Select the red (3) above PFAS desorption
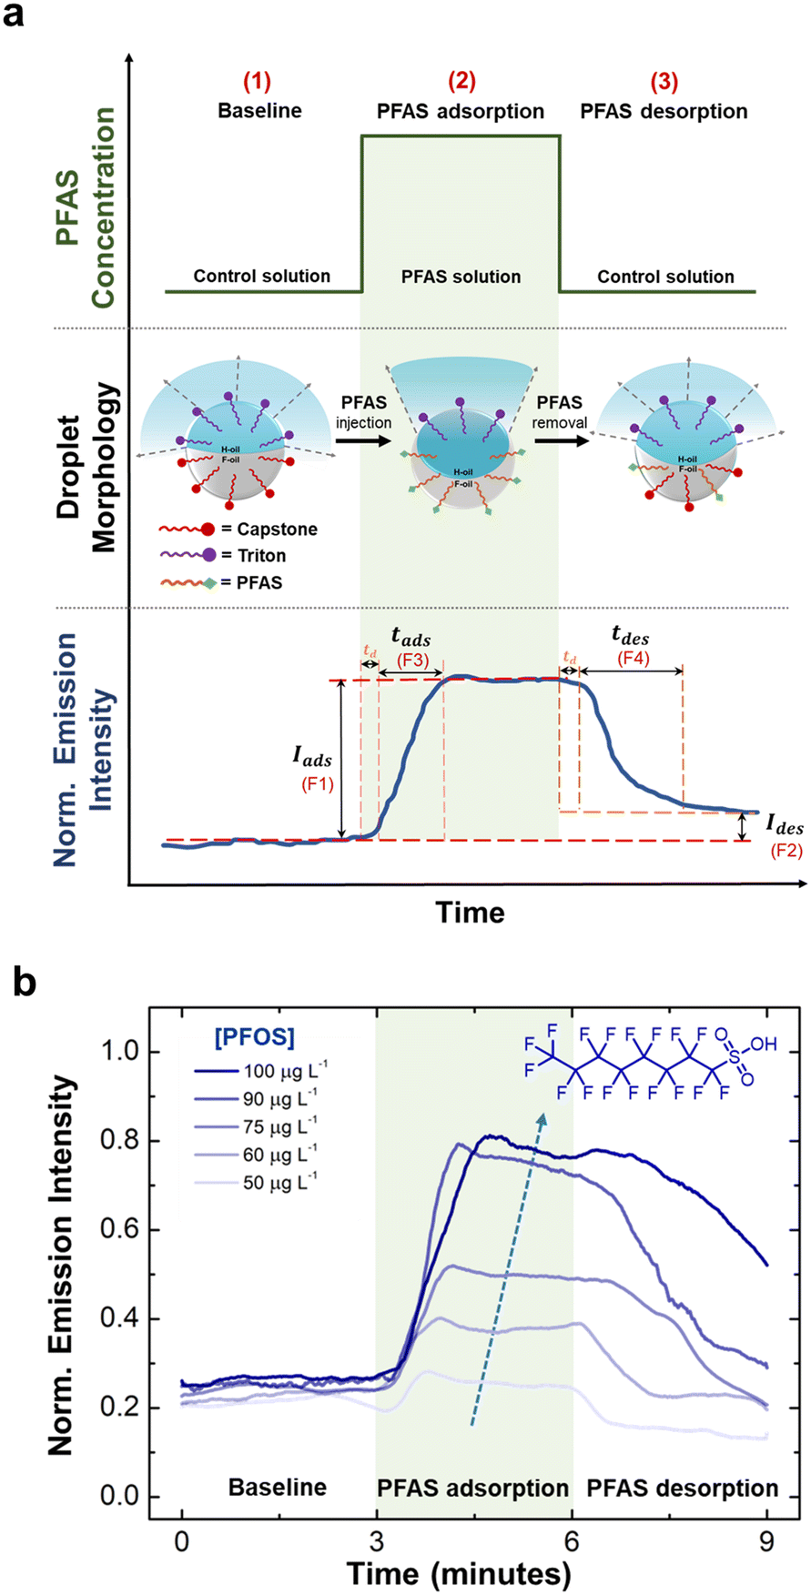pos(664,82)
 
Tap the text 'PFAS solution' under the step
pos(461,277)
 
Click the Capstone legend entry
pos(238,529)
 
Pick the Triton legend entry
pos(223,555)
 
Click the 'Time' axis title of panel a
pos(470,912)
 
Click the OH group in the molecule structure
pos(764,1044)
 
